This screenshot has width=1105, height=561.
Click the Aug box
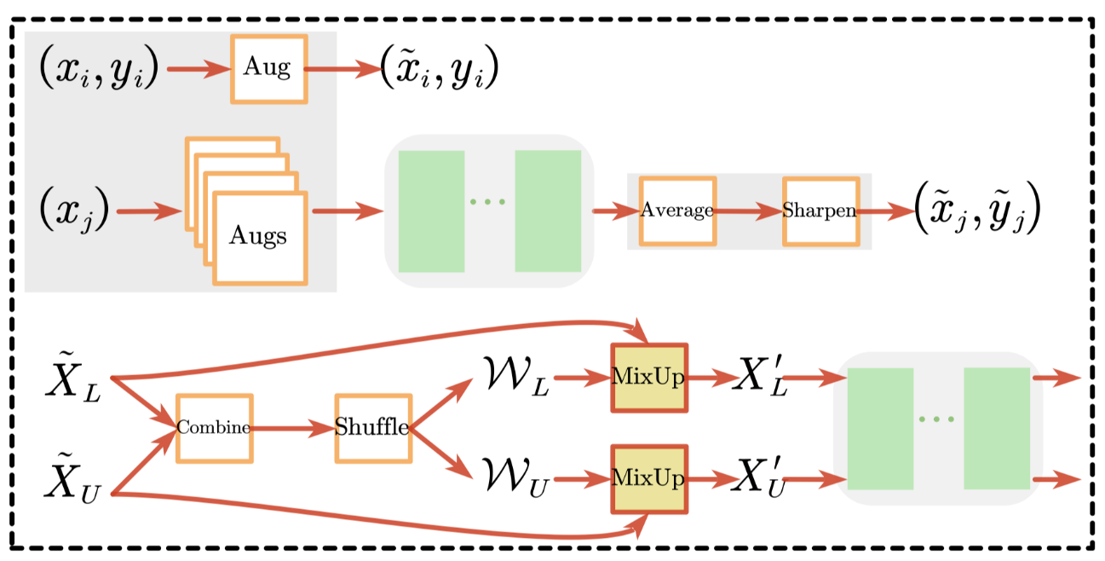tap(268, 69)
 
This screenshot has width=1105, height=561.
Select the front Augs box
tap(259, 236)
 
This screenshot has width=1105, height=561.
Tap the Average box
tap(677, 211)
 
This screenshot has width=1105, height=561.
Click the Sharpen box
tap(820, 211)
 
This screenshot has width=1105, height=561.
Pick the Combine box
tap(214, 428)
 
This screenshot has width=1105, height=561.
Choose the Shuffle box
tap(373, 428)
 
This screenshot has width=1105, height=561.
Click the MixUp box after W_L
tap(648, 378)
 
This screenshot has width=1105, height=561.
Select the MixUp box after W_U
tap(648, 478)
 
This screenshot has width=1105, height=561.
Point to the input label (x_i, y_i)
tap(99, 69)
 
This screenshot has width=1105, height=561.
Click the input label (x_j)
tap(73, 211)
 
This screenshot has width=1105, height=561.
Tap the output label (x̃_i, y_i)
tap(439, 69)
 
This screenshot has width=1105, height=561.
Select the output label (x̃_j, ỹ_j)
tap(977, 211)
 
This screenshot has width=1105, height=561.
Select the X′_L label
tap(761, 378)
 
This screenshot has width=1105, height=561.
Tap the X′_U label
tap(761, 478)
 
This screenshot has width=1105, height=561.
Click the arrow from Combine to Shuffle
tap(293, 428)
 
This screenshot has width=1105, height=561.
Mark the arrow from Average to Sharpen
tap(748, 211)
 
